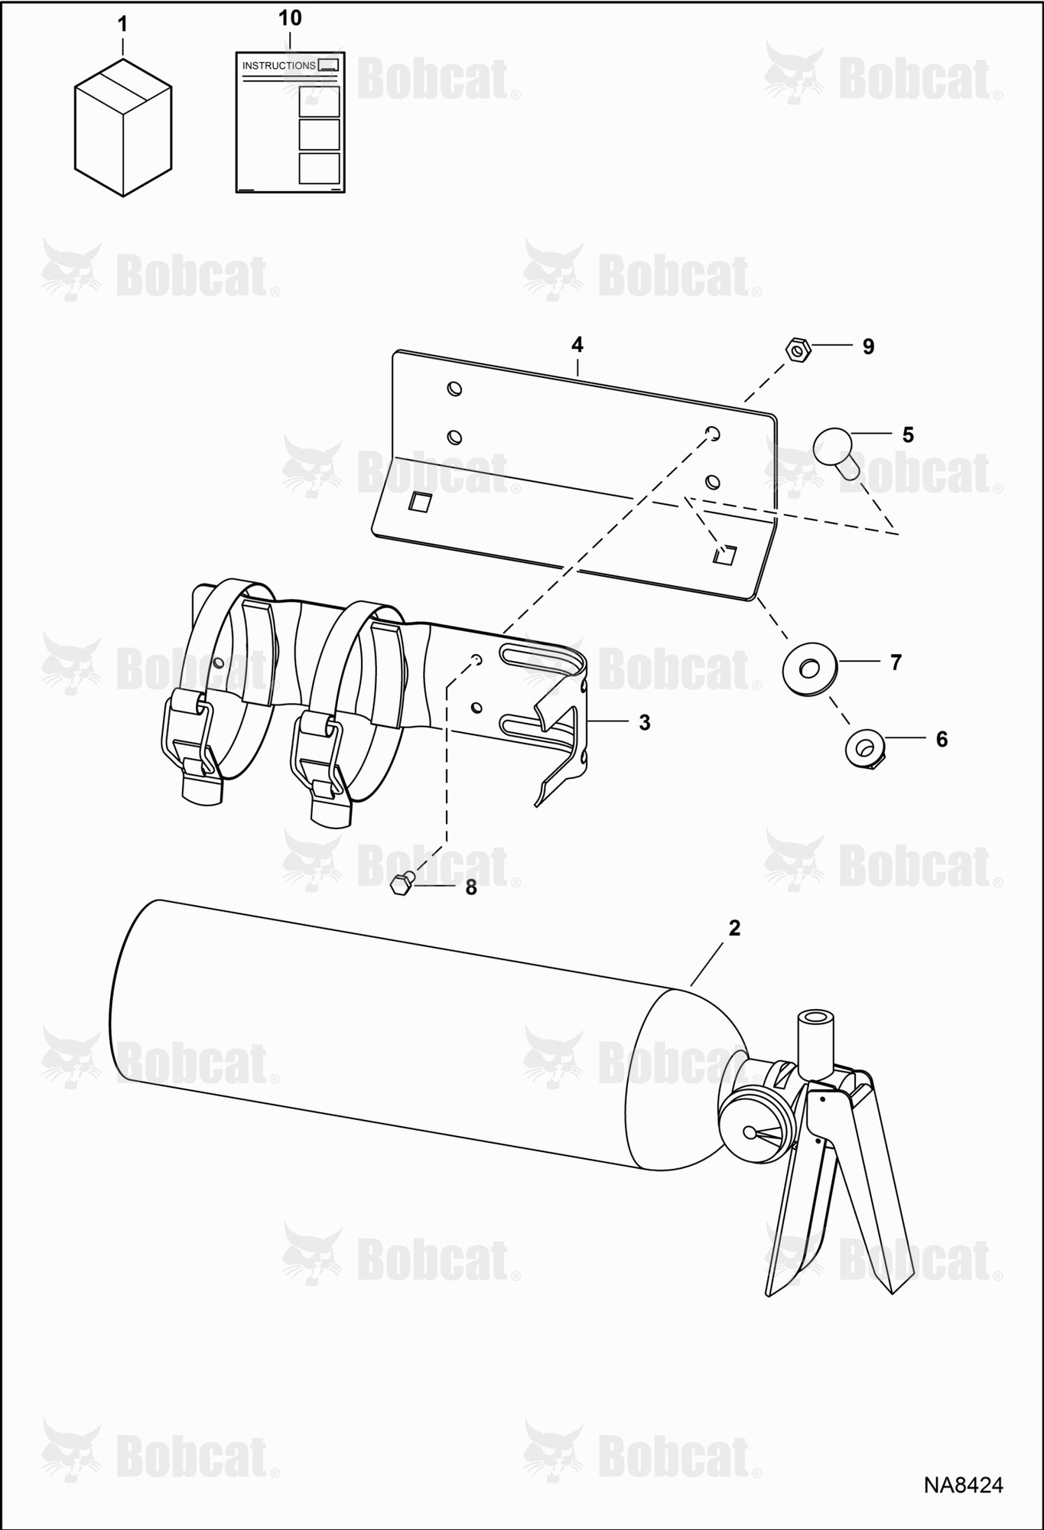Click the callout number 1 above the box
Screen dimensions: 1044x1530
click(x=122, y=24)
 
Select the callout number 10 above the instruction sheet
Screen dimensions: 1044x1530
click(x=290, y=18)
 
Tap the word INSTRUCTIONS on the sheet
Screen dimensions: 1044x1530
click(x=278, y=66)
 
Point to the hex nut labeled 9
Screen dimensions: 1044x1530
click(x=798, y=350)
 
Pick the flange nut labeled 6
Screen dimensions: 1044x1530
click(x=864, y=746)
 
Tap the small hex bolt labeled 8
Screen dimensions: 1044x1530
click(x=402, y=884)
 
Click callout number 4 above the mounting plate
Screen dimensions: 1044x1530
click(x=577, y=345)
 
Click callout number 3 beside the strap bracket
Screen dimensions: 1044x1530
click(x=645, y=722)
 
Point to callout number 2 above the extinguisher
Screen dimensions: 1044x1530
click(x=734, y=928)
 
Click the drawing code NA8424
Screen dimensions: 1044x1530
click(x=963, y=1485)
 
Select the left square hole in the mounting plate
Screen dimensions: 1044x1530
click(x=420, y=502)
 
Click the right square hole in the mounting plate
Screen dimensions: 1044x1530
click(x=725, y=555)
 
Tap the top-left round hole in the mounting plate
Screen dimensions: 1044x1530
click(x=454, y=389)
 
